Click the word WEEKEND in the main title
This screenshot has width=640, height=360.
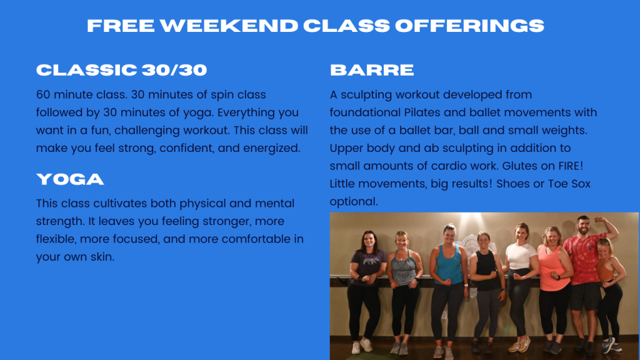point(229,26)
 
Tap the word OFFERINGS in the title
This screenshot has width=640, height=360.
point(469,26)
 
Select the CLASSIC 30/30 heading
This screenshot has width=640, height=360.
point(122,70)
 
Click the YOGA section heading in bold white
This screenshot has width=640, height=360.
point(70,179)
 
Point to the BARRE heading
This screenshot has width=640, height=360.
point(372,70)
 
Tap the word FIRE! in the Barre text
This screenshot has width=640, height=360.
point(571,166)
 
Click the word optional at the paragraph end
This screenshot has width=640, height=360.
point(354,202)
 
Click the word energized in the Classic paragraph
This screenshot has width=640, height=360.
point(272,148)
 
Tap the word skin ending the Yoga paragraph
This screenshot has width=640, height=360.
point(102,257)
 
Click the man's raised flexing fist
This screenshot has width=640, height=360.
point(598,219)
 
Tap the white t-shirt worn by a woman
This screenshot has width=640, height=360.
point(521,256)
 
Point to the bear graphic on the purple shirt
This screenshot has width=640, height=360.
point(371,260)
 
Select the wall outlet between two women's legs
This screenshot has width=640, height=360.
point(445,315)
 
